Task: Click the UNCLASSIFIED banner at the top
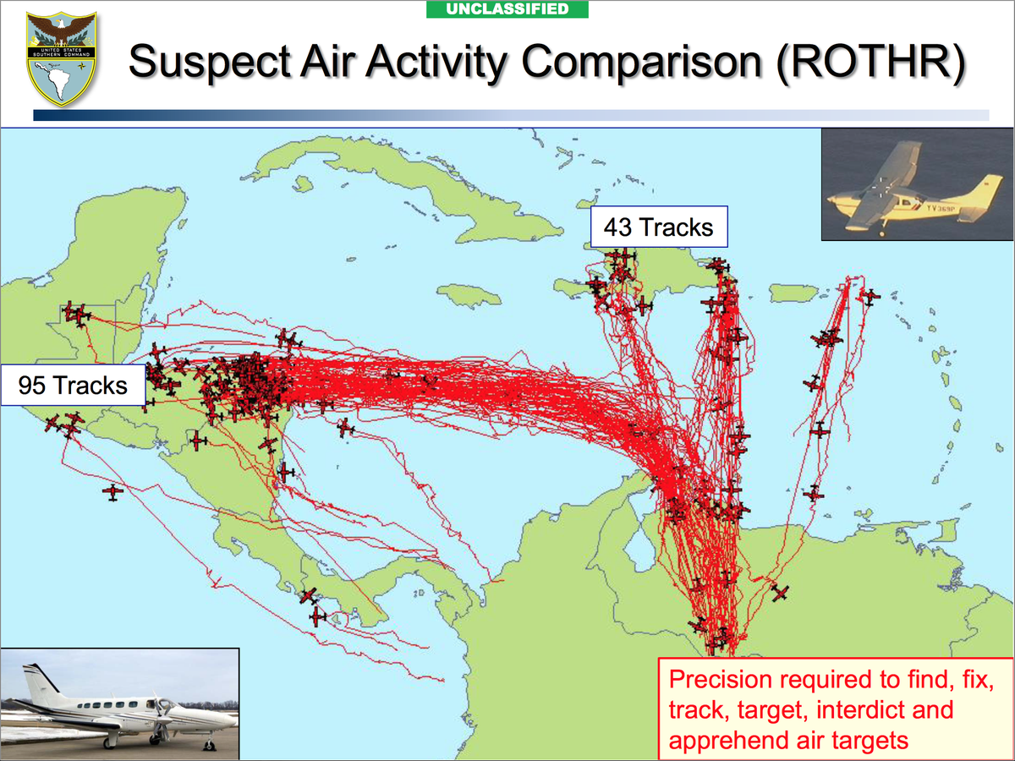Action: click(507, 9)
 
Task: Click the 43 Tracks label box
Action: click(658, 227)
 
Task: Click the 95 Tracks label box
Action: click(73, 386)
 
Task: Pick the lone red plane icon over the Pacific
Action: click(112, 491)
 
